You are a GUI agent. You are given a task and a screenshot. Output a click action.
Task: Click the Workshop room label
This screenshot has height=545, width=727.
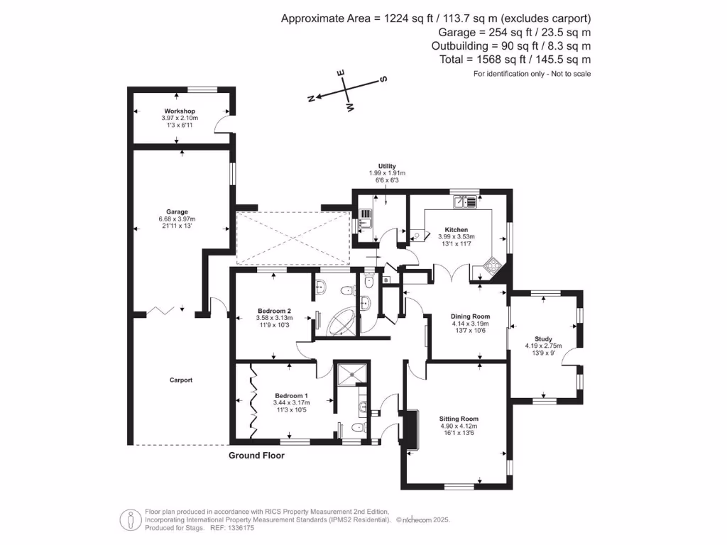(x=179, y=112)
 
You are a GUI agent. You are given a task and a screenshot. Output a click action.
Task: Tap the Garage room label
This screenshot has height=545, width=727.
(x=177, y=211)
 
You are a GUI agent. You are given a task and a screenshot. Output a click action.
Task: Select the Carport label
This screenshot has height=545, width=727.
(x=180, y=380)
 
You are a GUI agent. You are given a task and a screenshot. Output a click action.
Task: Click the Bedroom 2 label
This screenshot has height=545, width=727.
(x=274, y=312)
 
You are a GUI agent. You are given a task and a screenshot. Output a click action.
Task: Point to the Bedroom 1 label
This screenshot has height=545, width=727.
(x=292, y=396)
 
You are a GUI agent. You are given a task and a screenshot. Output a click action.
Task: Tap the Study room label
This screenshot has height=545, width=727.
(x=543, y=339)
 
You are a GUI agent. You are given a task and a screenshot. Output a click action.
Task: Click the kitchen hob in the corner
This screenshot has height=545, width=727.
(x=491, y=267)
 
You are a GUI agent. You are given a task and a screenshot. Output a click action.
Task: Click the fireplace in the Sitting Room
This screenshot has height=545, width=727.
(x=410, y=429)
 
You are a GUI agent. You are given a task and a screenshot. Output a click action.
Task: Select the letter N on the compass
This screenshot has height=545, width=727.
(x=310, y=99)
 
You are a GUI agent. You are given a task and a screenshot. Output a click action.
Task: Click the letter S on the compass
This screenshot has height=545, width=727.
(x=384, y=79)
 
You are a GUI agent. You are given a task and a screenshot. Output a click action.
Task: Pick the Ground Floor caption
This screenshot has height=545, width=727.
(x=256, y=456)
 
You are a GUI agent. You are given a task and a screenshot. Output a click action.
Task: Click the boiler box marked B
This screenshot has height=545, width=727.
(x=386, y=281)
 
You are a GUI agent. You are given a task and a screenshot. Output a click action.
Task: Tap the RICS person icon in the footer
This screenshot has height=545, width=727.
(x=129, y=519)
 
